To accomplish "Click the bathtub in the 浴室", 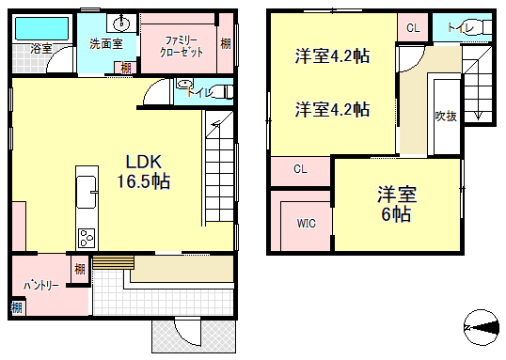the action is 41,28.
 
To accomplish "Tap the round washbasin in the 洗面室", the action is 121,23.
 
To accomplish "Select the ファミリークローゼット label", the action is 182,47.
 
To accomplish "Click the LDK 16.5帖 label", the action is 143,171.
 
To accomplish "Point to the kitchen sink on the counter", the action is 87,192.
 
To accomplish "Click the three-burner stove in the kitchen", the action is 87,239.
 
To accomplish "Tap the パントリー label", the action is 41,285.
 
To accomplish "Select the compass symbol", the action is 482,327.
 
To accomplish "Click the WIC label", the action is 307,223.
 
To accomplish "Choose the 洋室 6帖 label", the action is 397,204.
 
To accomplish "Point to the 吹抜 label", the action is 446,117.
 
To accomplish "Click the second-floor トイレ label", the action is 461,27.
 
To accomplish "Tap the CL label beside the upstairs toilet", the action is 413,28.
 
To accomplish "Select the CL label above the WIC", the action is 300,169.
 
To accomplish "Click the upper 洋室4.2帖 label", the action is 332,56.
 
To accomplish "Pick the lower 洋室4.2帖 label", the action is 332,109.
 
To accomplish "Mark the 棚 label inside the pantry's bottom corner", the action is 17,307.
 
